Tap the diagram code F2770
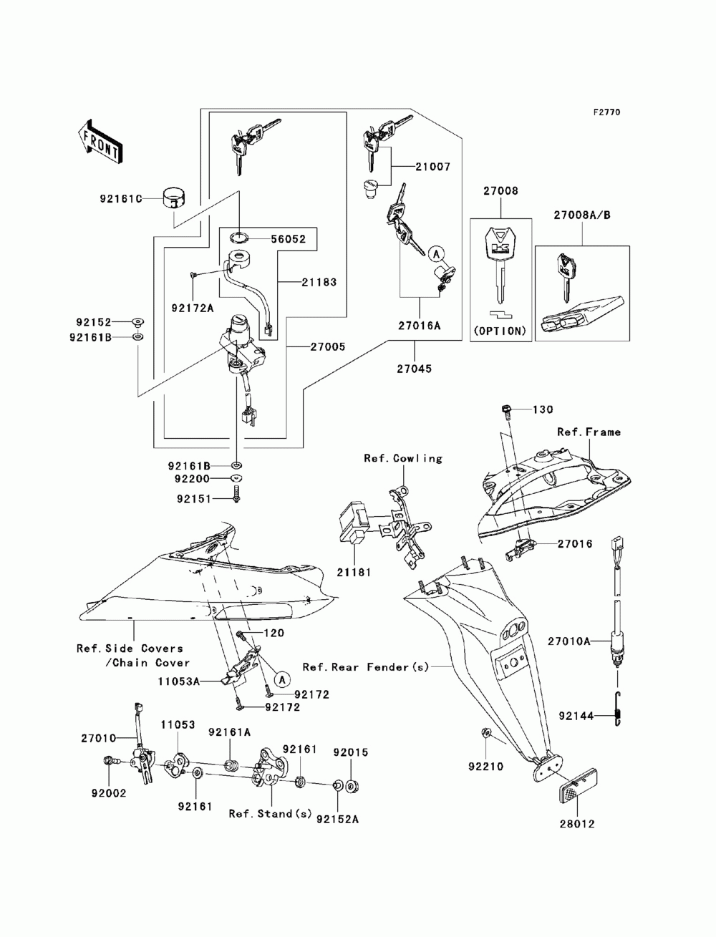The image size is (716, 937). [606, 112]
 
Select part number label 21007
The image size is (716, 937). [432, 167]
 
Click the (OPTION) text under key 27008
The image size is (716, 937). [500, 331]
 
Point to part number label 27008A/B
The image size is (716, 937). [582, 215]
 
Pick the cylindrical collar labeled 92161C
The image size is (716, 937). [175, 198]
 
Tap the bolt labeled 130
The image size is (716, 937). [506, 410]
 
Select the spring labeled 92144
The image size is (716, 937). [618, 714]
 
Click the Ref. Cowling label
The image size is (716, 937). [403, 458]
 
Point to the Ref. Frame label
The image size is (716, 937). [589, 432]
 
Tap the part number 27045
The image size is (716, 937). [414, 369]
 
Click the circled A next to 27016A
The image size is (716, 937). [436, 254]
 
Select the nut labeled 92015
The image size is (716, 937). [352, 786]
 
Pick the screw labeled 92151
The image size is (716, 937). [236, 494]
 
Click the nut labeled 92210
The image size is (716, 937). [485, 732]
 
